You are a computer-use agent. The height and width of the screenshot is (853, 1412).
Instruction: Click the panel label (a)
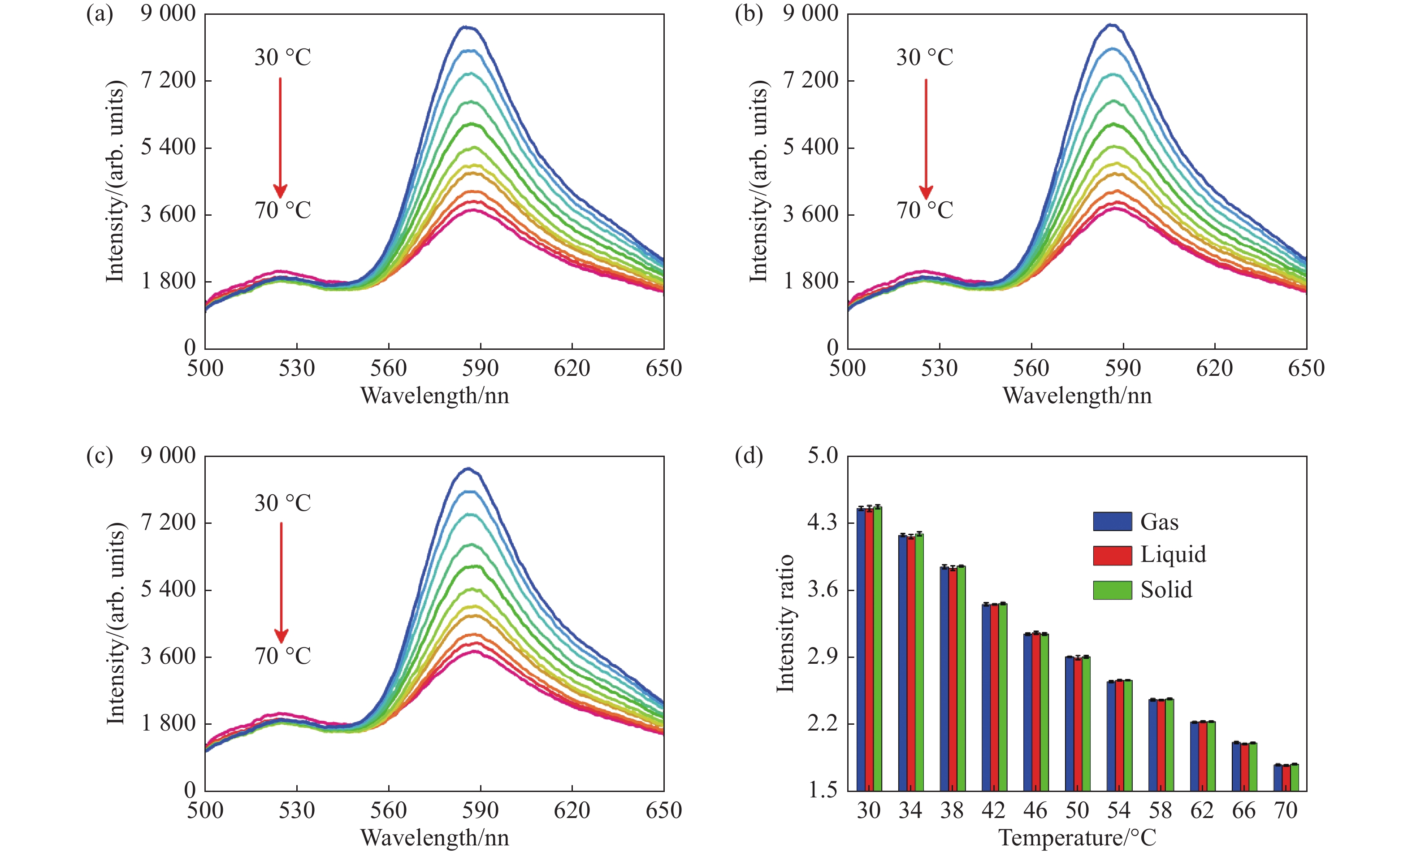pos(99,14)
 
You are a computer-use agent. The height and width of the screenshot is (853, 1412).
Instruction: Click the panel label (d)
pos(749,456)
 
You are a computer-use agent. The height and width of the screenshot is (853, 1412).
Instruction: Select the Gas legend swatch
pos(1112,521)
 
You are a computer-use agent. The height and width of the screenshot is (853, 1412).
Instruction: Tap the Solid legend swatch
pos(1112,590)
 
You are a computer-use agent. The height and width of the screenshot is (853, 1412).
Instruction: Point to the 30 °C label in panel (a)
pos(282,57)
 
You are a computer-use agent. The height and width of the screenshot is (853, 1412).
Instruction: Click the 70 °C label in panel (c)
pos(282,656)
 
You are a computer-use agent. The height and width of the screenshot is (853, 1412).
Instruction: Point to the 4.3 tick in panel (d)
pos(823,522)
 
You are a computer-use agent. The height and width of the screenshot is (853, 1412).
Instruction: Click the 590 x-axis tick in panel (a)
pos(480,368)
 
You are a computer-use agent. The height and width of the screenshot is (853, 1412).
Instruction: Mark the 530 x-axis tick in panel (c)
pos(297,810)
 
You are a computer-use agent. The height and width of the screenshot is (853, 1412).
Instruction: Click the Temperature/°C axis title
pos(1077,837)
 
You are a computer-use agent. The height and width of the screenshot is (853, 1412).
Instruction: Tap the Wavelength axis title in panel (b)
pos(1077,396)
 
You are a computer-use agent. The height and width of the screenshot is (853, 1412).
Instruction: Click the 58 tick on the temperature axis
pos(1161,810)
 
